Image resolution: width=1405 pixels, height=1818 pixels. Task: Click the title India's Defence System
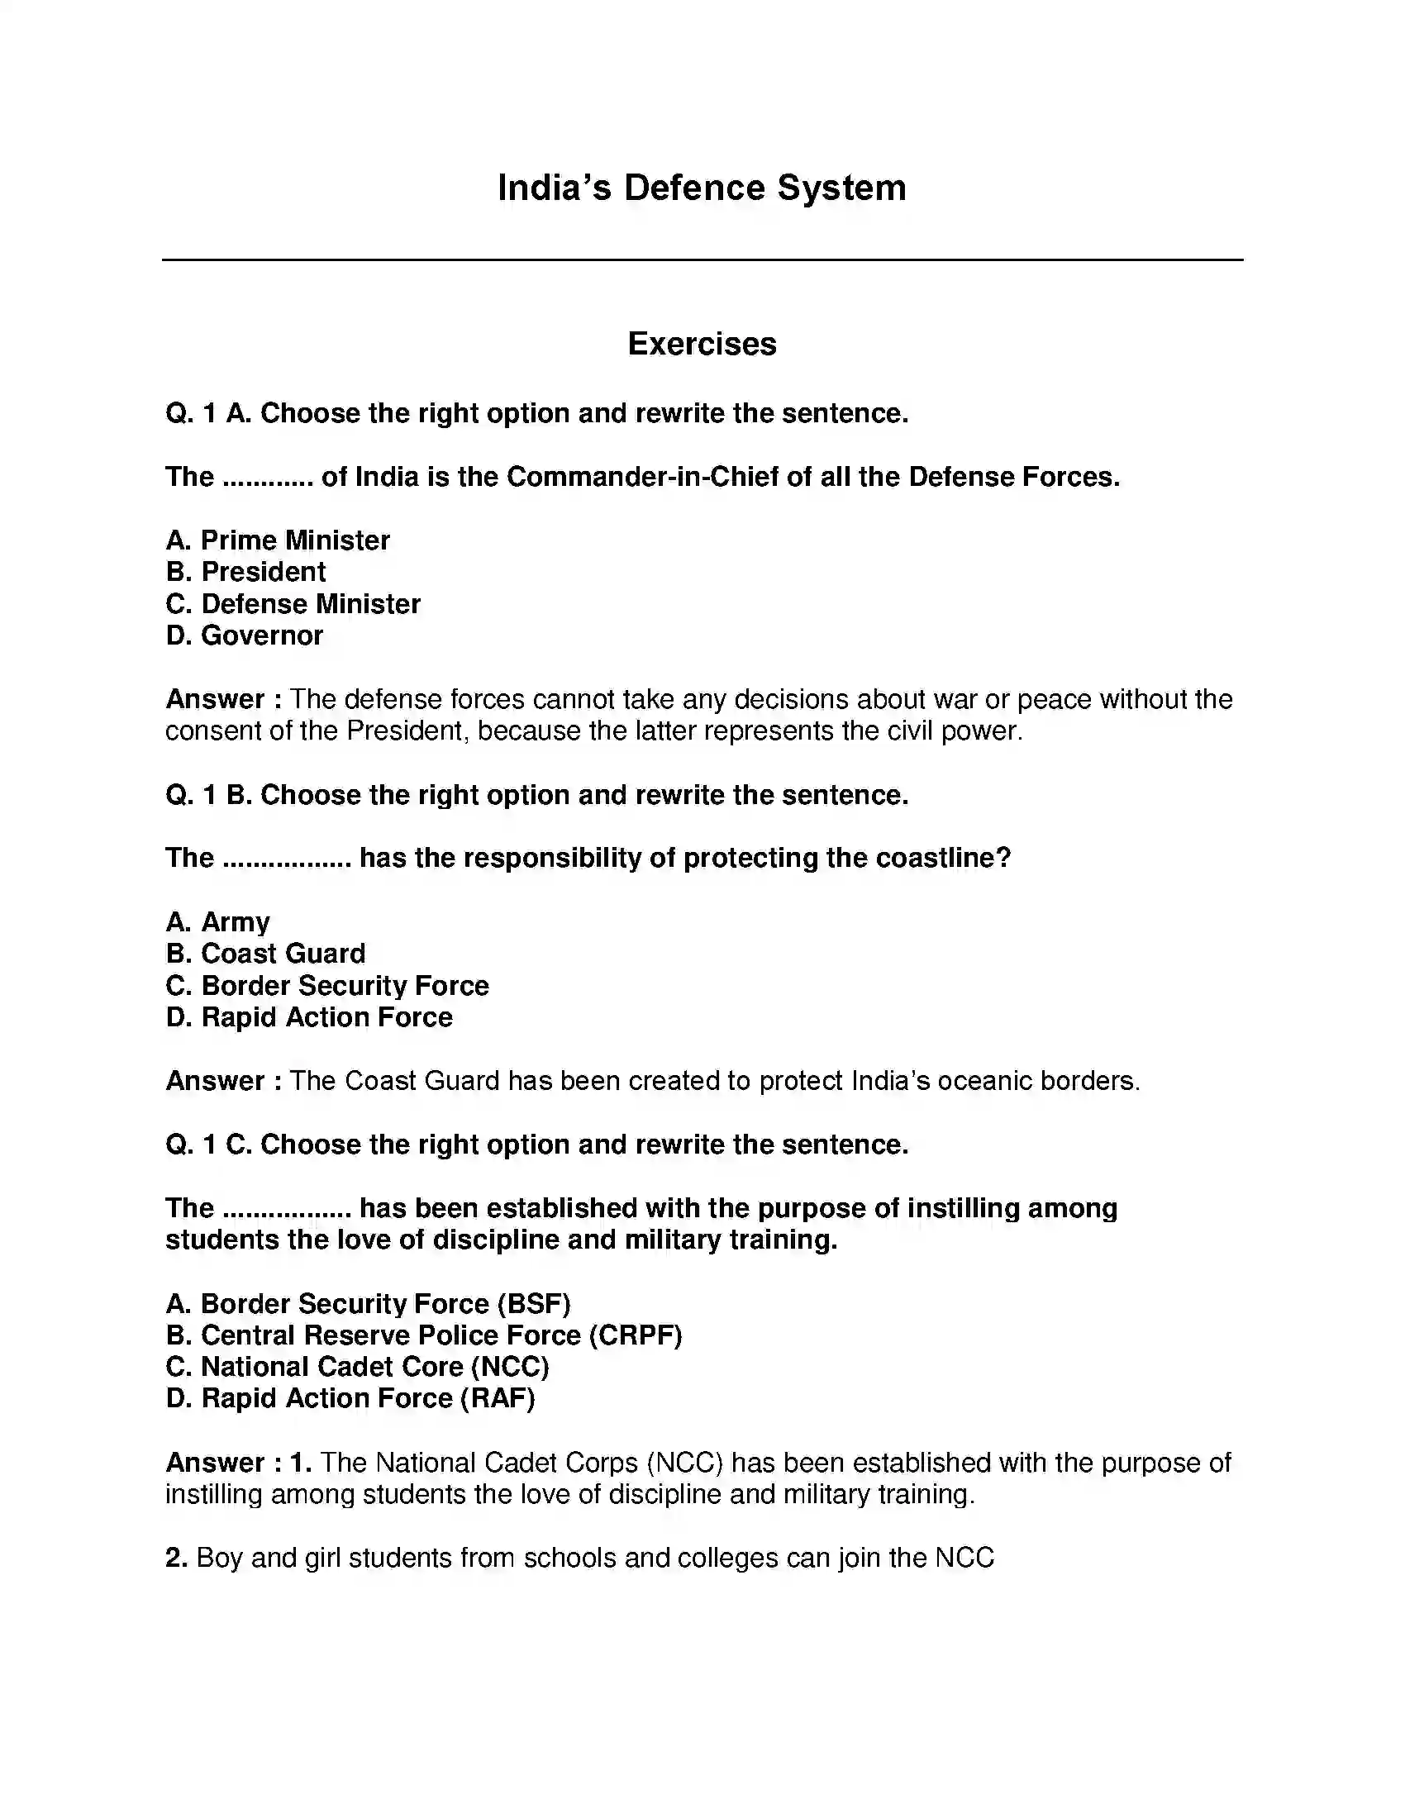[x=702, y=188]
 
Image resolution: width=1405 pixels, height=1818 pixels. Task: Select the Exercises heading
[x=702, y=344]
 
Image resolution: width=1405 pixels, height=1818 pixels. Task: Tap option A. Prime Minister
[x=277, y=540]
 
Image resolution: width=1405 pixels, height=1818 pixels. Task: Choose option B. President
[x=245, y=572]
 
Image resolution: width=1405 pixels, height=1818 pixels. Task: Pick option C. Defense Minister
[x=293, y=603]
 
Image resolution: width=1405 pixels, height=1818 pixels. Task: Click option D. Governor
[x=244, y=635]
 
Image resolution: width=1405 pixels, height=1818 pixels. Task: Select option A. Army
[x=217, y=922]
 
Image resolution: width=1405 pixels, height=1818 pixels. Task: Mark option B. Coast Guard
[x=265, y=954]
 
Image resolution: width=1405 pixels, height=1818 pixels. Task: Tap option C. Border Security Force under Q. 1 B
[x=327, y=986]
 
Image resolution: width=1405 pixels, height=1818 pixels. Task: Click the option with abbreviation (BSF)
[x=368, y=1303]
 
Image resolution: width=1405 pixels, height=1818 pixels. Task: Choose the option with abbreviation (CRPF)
[x=424, y=1335]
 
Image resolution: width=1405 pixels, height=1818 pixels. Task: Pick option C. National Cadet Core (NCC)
[x=357, y=1367]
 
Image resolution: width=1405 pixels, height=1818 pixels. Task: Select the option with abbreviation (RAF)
[x=350, y=1398]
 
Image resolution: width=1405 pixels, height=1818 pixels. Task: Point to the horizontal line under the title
[x=702, y=259]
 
